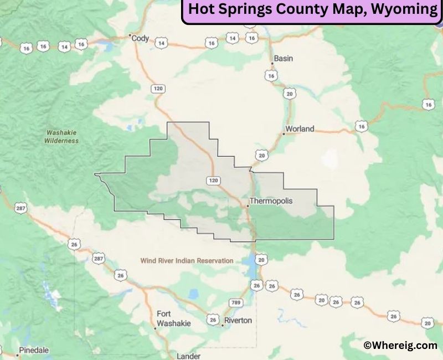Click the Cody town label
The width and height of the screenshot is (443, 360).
pyautogui.click(x=141, y=38)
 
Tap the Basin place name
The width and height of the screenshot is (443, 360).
pyautogui.click(x=284, y=58)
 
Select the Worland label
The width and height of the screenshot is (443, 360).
pyautogui.click(x=301, y=129)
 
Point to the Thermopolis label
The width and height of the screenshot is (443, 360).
pyautogui.click(x=271, y=200)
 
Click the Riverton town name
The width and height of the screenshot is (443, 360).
pyautogui.click(x=239, y=320)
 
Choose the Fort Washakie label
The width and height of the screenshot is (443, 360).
pyautogui.click(x=173, y=318)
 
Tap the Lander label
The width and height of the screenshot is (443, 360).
pyautogui.click(x=188, y=356)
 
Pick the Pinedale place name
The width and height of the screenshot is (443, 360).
pyautogui.click(x=34, y=350)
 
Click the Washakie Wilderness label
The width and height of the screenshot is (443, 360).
pyautogui.click(x=61, y=137)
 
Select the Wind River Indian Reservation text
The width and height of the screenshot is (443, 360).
pyautogui.click(x=187, y=260)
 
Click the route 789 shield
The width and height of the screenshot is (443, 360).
pyautogui.click(x=236, y=302)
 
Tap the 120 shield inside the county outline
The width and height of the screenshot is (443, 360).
pyautogui.click(x=213, y=180)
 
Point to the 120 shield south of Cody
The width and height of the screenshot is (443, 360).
pyautogui.click(x=158, y=89)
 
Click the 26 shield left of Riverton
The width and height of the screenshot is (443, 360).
pyautogui.click(x=213, y=320)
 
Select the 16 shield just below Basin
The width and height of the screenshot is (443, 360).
pyautogui.click(x=270, y=75)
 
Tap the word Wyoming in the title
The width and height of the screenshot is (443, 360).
pyautogui.click(x=405, y=9)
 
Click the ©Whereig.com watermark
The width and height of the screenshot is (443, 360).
pyautogui.click(x=400, y=345)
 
